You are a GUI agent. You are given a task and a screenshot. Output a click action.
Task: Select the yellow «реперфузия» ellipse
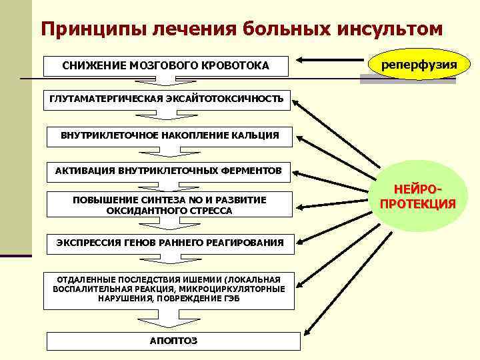tap(418, 65)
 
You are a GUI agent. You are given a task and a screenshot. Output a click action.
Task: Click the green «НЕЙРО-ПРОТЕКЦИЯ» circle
tap(418, 197)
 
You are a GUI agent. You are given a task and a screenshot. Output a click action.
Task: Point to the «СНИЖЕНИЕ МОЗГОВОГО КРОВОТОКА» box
tap(165, 65)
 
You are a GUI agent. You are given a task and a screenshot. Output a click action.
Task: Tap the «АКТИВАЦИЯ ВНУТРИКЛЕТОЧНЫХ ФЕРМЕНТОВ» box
tap(169, 171)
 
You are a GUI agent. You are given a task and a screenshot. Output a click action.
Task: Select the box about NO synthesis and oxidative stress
tap(169, 205)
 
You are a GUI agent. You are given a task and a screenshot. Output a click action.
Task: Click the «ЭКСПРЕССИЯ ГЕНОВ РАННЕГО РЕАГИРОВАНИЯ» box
tap(169, 242)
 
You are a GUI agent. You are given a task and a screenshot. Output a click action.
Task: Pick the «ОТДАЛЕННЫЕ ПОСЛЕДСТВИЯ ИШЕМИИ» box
tap(169, 289)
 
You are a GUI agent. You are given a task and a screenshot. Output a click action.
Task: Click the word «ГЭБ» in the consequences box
tap(231, 299)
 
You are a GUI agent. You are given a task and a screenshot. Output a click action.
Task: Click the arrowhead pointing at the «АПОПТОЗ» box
tap(306, 333)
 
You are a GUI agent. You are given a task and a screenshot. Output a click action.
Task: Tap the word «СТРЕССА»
tap(211, 211)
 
